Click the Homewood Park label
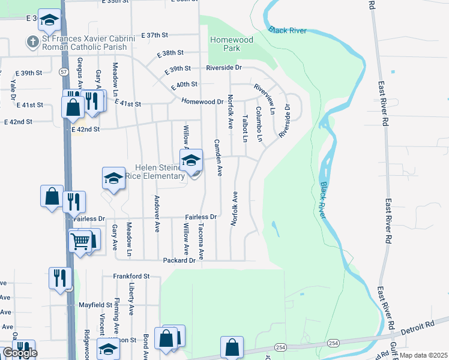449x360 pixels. coord(231,44)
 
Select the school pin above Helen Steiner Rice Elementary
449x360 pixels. coord(191,161)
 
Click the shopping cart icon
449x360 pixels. coord(80,242)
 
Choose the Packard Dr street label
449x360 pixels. coord(179,260)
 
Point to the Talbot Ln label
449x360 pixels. coord(244,128)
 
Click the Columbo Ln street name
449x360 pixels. coord(259,124)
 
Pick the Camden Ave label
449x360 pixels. coord(218,157)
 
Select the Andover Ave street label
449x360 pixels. coord(157,206)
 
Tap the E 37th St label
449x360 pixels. coord(161,35)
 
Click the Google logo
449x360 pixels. coord(20,353)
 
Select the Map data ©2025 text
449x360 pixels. coord(424,355)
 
